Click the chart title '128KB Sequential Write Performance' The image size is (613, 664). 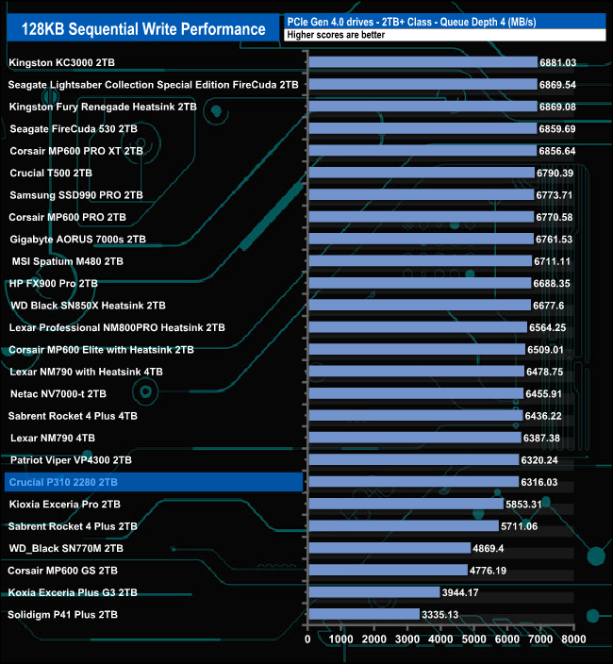(x=143, y=28)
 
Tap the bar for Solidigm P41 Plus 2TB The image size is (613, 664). (x=363, y=615)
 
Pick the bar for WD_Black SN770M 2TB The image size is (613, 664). (x=389, y=548)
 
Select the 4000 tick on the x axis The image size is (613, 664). (x=441, y=639)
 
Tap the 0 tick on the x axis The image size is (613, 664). (x=308, y=639)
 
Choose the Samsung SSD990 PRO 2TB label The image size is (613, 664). (x=76, y=195)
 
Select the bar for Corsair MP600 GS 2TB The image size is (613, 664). (x=388, y=571)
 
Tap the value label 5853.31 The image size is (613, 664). (x=524, y=505)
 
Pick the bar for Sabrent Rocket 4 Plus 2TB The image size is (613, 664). (x=403, y=526)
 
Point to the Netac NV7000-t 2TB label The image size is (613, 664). (x=58, y=393)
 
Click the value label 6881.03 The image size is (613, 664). (x=557, y=62)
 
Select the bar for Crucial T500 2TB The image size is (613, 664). (x=421, y=173)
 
